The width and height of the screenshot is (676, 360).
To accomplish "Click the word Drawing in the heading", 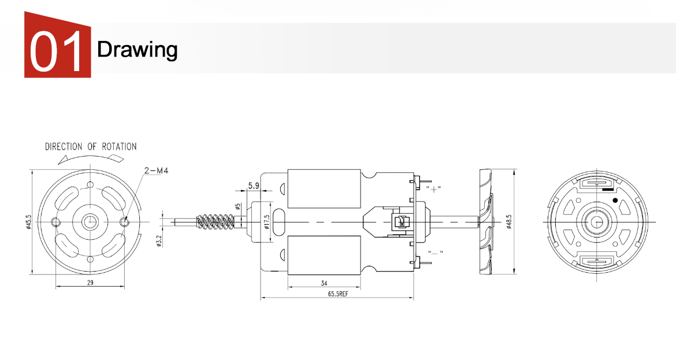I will point(138,50).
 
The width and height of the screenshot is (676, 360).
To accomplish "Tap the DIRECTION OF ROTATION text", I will point(91,147).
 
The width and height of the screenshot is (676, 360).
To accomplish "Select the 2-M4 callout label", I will point(156,170).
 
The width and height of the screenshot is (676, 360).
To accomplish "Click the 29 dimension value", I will point(90,283).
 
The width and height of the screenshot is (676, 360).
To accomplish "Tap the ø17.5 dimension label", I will point(267,221).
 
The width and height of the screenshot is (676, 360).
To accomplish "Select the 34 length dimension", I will point(324,283).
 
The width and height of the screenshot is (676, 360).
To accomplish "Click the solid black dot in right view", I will point(615,200).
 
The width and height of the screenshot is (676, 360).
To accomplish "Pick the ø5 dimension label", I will point(238,206).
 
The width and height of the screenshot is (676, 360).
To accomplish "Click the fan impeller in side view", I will point(486,222).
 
